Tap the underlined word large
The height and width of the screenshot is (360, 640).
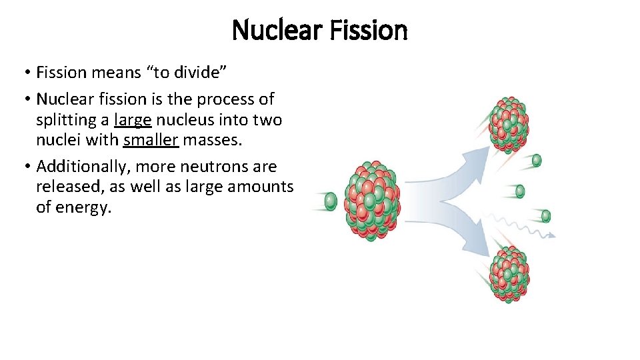point(133,121)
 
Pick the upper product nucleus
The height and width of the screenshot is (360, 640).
point(509,124)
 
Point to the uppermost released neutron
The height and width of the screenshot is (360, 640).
point(536,161)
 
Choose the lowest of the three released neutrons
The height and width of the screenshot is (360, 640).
point(545,215)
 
